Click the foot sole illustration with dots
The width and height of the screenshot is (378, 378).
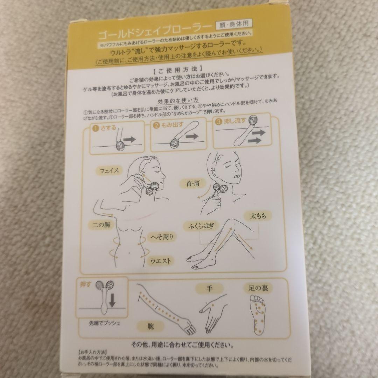[259, 314]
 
